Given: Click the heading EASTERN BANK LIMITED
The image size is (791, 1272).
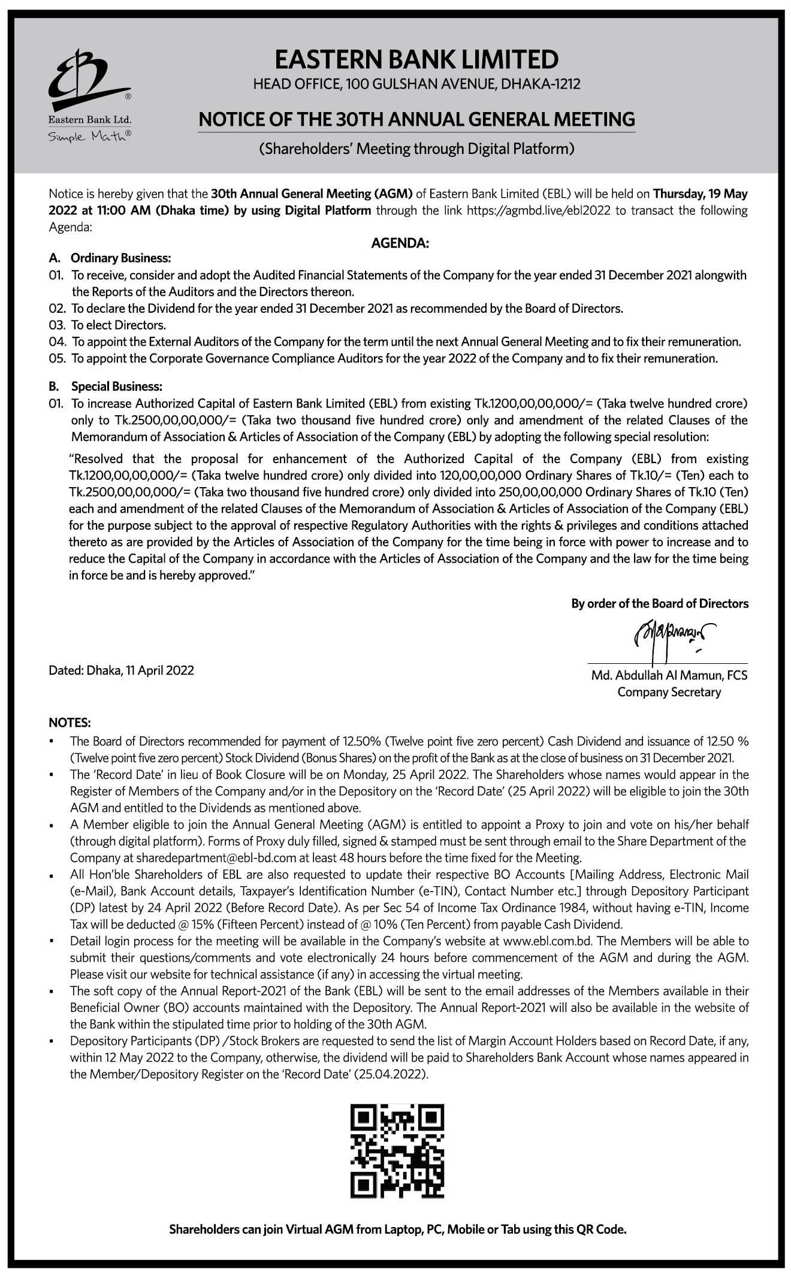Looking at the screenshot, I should point(416,60).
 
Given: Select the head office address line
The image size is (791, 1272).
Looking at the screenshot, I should point(416,84).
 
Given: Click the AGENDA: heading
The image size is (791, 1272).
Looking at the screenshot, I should point(400,243).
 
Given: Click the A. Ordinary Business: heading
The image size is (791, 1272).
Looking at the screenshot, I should point(110,258).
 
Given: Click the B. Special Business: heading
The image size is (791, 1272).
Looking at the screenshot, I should point(106,386).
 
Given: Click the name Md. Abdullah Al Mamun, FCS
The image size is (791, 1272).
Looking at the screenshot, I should point(669,675).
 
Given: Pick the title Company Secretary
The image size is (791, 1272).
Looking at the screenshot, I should point(669,692).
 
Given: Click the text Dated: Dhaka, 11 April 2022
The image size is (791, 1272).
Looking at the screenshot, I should point(121,670).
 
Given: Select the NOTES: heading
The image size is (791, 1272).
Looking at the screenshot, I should point(70,723).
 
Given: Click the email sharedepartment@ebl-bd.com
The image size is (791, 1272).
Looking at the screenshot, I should point(216,858).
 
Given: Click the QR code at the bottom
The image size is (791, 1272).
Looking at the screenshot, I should point(397,1151).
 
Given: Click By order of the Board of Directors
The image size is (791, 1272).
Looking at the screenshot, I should point(659,603).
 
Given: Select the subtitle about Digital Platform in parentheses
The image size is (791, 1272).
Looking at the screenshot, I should point(416,149).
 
